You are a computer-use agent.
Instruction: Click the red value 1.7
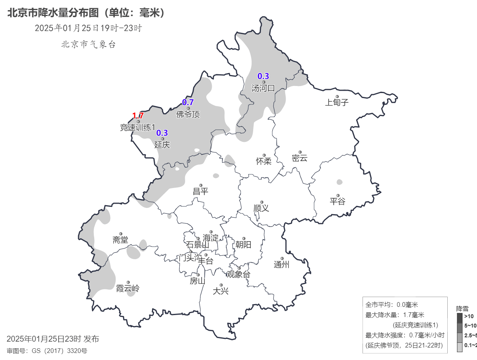point(138,116)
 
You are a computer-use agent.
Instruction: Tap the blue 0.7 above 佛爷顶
point(188,102)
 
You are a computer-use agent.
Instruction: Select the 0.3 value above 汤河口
point(263,76)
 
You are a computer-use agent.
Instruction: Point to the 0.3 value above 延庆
point(162,133)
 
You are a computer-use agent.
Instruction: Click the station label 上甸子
point(336,103)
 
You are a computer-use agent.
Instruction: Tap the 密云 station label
point(300,158)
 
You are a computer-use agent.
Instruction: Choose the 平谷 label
point(338,202)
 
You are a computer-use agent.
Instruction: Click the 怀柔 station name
point(264,161)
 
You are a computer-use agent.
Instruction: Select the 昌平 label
point(201,192)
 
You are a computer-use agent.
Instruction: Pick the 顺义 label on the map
point(261,208)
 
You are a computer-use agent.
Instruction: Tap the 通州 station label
point(281,265)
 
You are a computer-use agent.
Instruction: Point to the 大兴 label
point(221,291)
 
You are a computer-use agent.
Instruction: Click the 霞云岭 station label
point(128,289)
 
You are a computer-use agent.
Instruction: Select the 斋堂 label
point(120,240)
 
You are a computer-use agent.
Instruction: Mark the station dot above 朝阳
point(243,238)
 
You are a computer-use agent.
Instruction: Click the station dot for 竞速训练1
point(138,122)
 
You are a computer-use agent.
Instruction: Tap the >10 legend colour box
point(459,317)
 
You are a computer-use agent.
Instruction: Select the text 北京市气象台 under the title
point(88,45)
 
